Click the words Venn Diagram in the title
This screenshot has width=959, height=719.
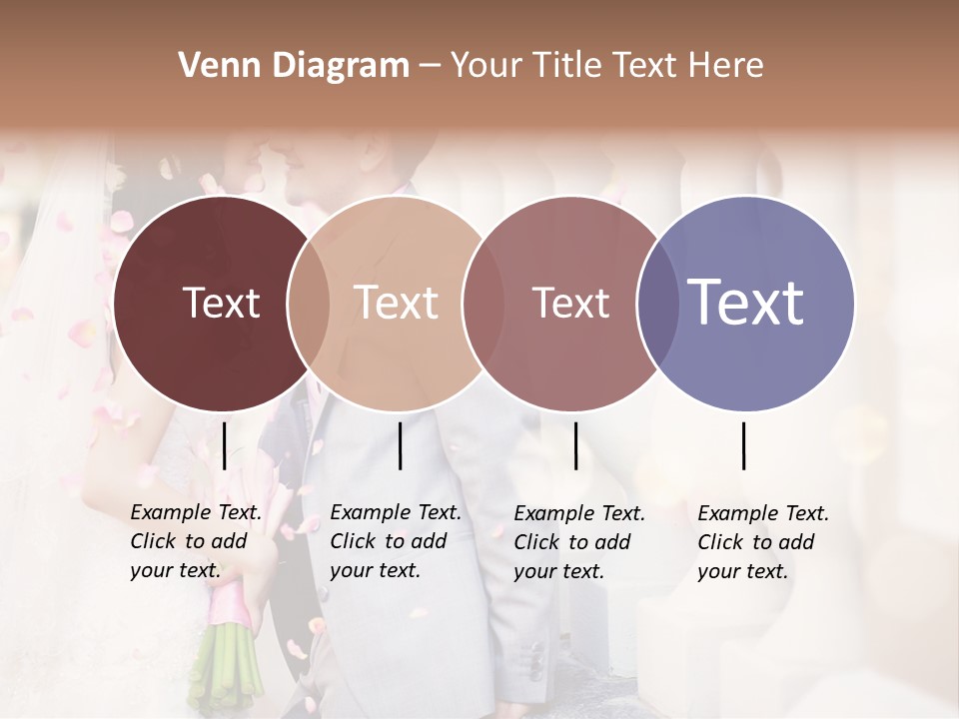294,66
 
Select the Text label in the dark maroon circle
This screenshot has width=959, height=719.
221,303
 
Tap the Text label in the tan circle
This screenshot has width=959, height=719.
397,303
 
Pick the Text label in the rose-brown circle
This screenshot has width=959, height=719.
570,303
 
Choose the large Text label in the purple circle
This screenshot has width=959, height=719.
746,302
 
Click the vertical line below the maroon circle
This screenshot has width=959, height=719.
224,445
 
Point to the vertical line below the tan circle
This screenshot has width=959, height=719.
400,445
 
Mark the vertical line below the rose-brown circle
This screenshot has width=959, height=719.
575,445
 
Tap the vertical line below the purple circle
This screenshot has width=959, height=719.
743,445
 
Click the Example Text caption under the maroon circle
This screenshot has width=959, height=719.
196,541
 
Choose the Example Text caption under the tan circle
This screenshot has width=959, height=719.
396,541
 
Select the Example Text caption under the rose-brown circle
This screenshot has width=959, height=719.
579,542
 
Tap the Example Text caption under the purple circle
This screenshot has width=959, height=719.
763,542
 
